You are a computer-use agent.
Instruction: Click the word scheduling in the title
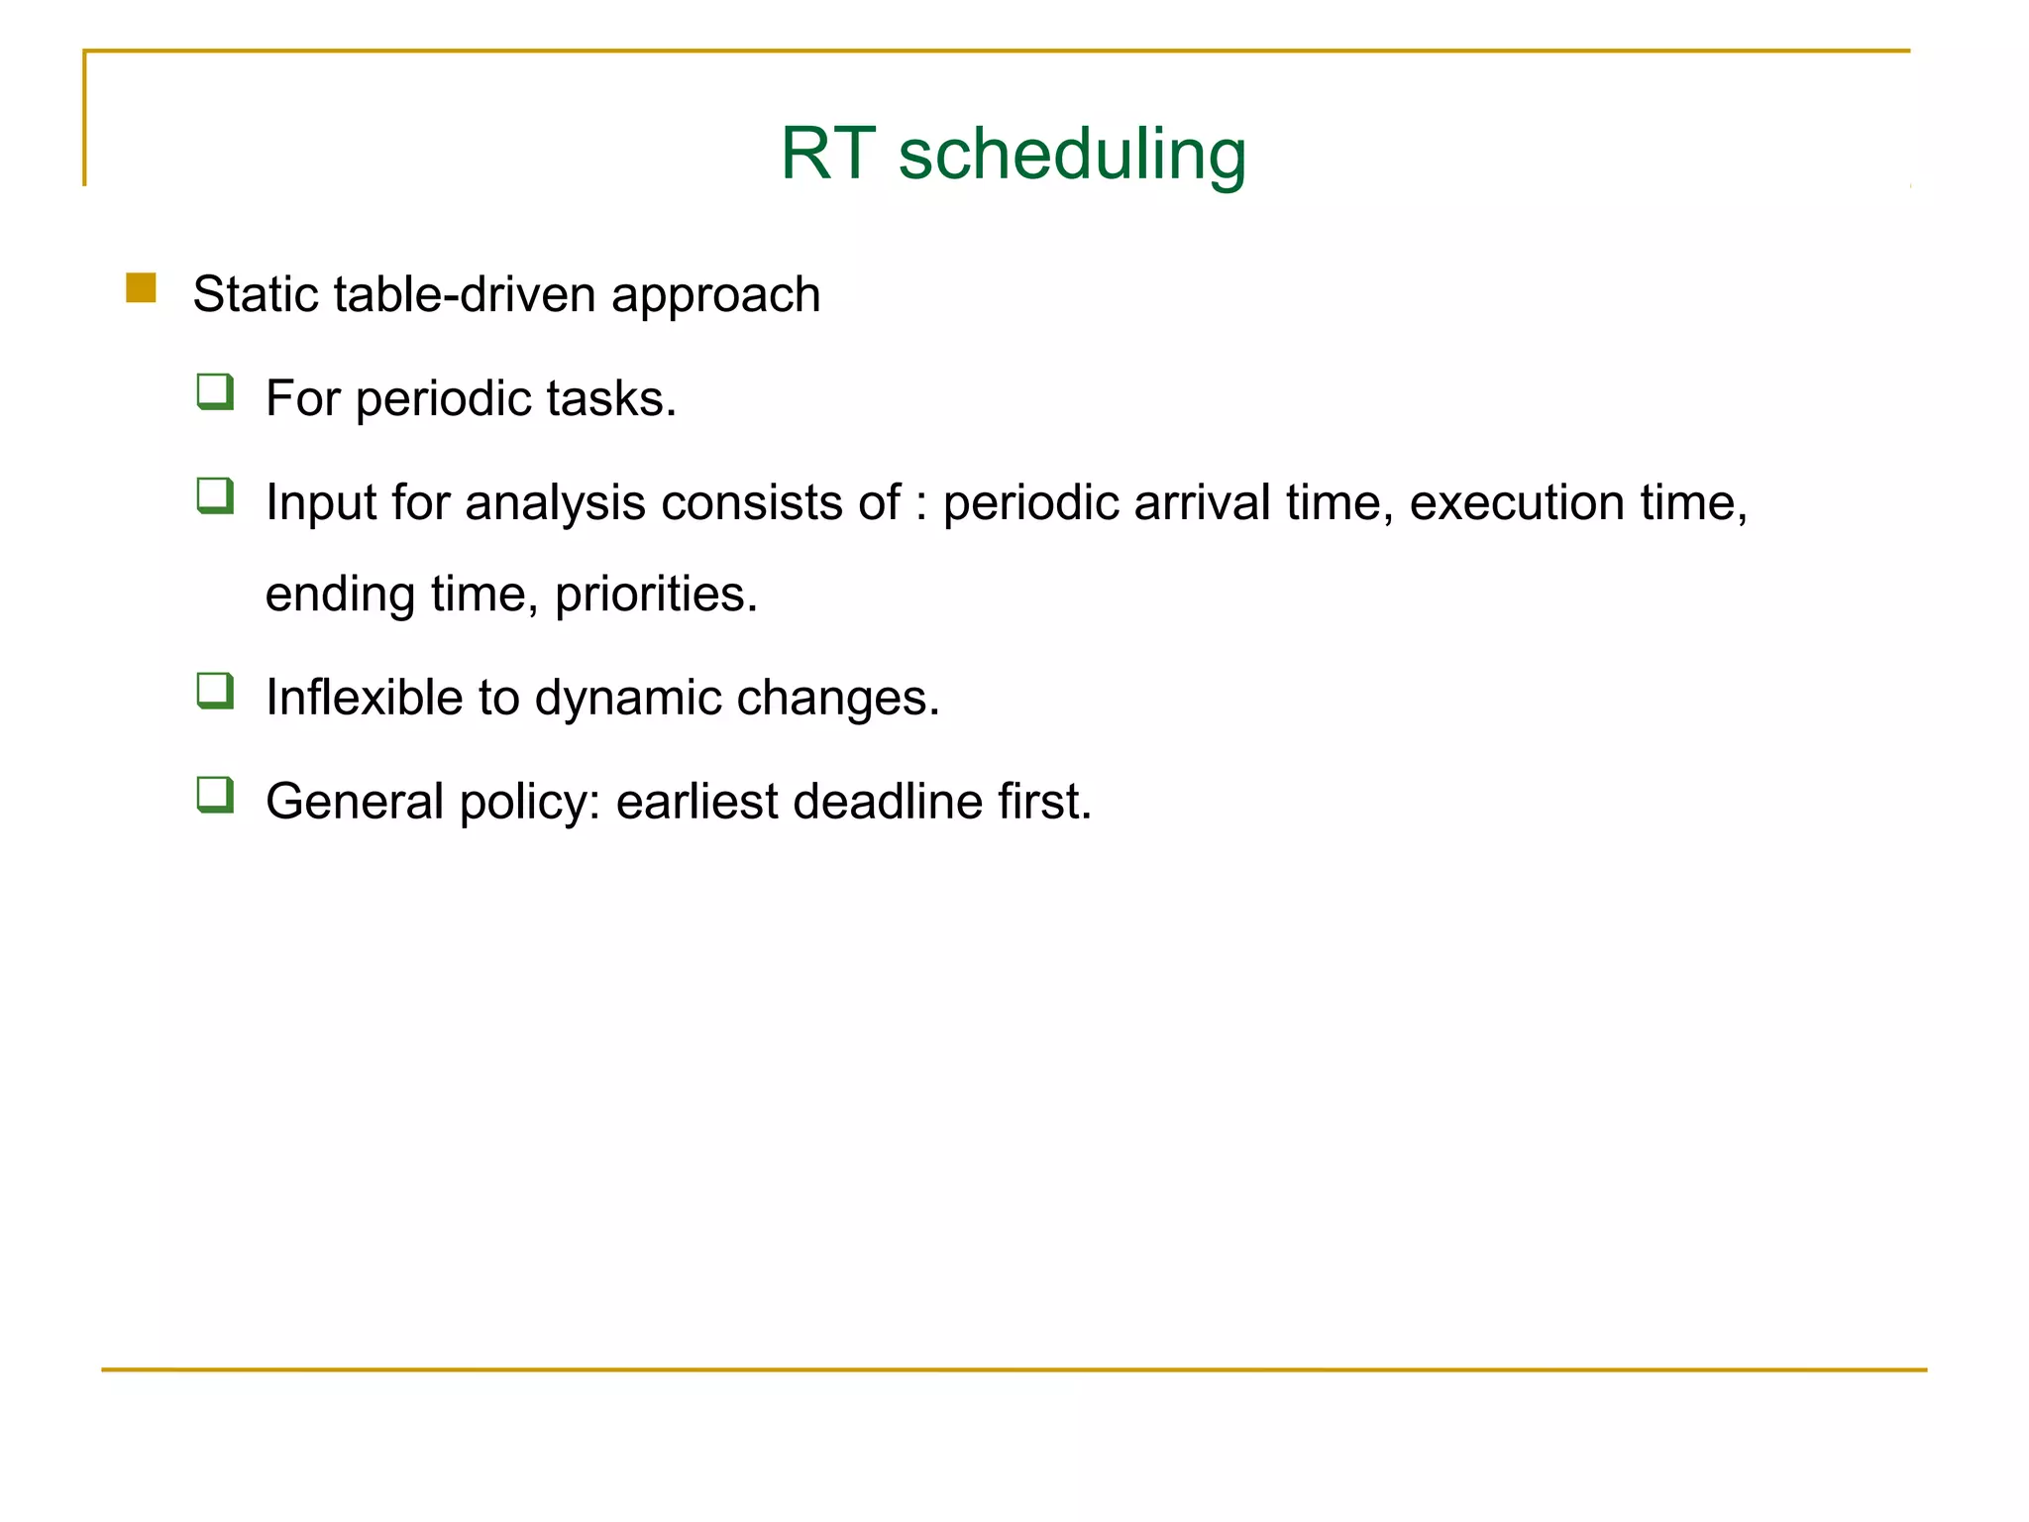pos(1072,156)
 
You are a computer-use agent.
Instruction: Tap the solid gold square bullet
pos(142,288)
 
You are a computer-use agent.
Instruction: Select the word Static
pos(256,294)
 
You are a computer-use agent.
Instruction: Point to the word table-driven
pos(466,294)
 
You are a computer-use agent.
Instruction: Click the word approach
pos(716,296)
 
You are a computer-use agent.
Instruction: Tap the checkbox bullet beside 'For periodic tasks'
pos(215,392)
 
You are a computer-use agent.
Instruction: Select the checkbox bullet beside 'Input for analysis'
pos(215,496)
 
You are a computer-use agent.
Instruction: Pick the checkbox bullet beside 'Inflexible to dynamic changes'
pos(215,692)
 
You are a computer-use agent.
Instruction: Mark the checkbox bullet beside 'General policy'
pos(215,796)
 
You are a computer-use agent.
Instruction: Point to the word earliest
pos(696,801)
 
